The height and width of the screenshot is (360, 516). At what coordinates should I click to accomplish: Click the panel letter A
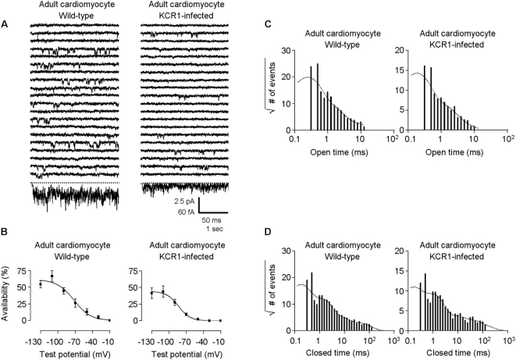(6, 23)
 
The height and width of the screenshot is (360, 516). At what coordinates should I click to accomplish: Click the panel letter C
(268, 23)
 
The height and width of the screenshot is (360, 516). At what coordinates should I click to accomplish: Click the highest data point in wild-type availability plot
(52, 276)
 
